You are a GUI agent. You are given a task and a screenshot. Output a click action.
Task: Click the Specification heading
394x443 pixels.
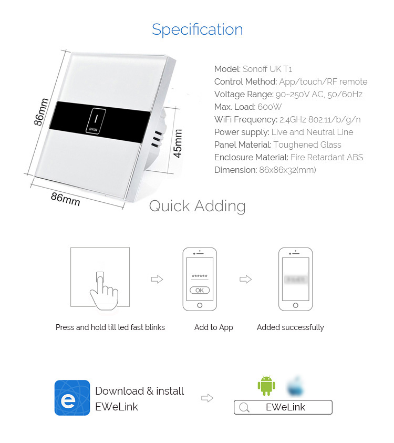point(197,29)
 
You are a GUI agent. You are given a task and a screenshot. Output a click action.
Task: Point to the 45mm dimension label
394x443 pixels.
point(178,143)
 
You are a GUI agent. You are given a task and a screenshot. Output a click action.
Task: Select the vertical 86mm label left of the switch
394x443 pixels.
point(42,112)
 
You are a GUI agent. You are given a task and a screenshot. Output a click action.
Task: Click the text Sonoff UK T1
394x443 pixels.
point(267,69)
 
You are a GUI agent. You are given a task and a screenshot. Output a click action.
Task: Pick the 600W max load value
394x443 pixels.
point(269,107)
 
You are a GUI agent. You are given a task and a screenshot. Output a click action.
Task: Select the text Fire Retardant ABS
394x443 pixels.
point(326,157)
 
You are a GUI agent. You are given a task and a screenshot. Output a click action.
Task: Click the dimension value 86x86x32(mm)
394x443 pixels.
point(287,170)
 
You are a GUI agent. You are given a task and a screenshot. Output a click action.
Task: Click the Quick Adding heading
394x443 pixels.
point(197,206)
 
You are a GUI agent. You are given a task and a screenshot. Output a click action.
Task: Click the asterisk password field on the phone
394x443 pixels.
point(200,277)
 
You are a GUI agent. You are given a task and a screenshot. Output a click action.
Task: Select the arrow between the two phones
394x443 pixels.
point(245,280)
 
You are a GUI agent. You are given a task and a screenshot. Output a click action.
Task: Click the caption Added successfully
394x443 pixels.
point(290,327)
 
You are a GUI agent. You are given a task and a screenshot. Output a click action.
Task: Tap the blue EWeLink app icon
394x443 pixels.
point(72,398)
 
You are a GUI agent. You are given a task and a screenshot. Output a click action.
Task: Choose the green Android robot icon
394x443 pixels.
point(266,386)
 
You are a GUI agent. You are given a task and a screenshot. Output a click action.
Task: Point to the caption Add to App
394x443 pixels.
point(214,327)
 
